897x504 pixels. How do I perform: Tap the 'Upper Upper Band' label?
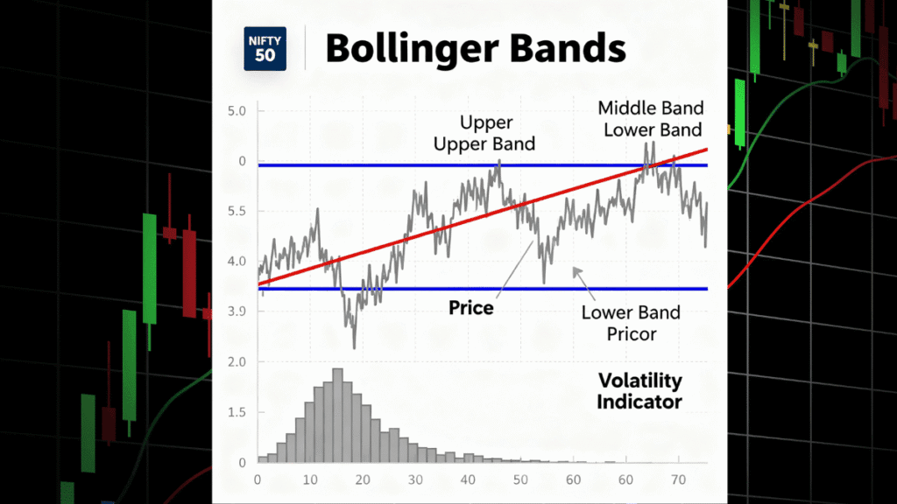click(484, 133)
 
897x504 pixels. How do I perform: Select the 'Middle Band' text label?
click(650, 108)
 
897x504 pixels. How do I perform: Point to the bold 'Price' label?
click(471, 308)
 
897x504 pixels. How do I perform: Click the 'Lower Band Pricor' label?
click(631, 324)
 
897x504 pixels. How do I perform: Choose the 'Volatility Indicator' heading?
click(639, 391)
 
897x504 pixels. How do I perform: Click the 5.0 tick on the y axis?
click(237, 111)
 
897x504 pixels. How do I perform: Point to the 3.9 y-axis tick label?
click(237, 311)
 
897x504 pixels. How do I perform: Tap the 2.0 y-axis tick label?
click(237, 361)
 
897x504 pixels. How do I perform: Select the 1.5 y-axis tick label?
click(237, 412)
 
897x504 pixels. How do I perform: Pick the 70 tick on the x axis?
click(677, 479)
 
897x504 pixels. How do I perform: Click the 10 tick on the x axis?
click(309, 479)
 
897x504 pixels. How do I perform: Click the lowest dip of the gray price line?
click(354, 346)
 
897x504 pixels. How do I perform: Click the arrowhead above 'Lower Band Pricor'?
click(576, 272)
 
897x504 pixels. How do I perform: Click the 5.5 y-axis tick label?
click(237, 212)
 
